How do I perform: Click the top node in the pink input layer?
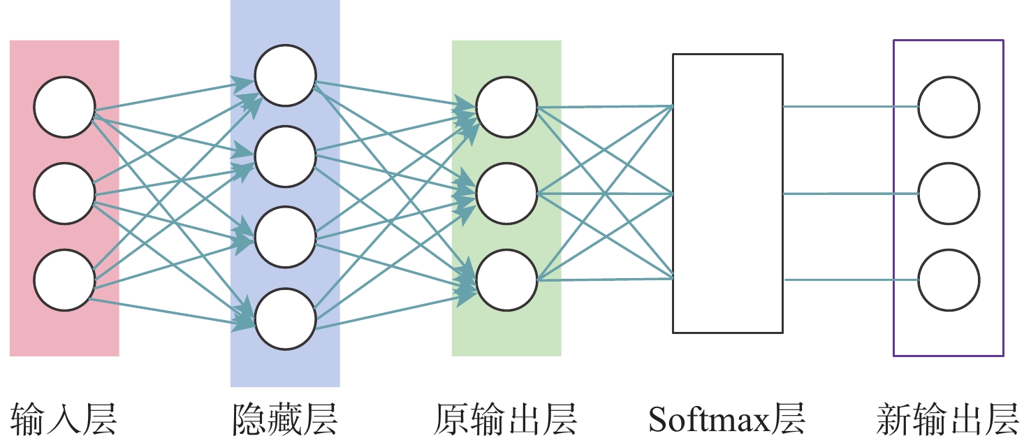[64, 108]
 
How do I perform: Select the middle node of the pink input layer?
[64, 194]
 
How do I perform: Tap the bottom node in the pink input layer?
[64, 281]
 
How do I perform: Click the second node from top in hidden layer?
[285, 157]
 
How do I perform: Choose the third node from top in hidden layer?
[285, 238]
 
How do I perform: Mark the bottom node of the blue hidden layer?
[285, 319]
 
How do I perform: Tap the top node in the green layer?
[506, 108]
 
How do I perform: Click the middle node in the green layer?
[506, 194]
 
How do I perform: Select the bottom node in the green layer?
[506, 280]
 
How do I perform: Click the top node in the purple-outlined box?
[949, 108]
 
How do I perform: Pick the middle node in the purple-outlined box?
[949, 194]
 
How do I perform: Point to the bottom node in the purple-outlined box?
[949, 280]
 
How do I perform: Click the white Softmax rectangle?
[727, 193]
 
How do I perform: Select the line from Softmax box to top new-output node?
[850, 107]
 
